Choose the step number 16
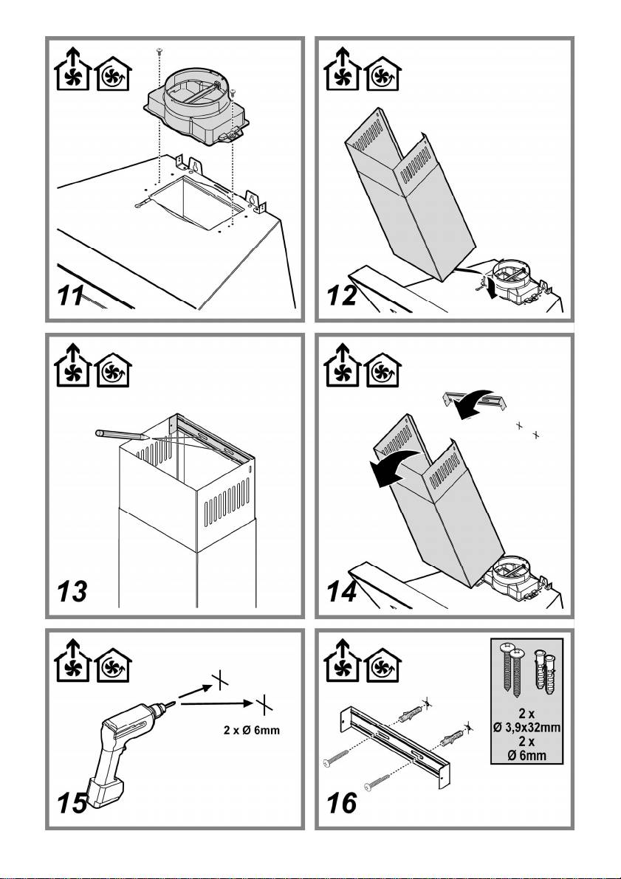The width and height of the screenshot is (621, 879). pyautogui.click(x=343, y=802)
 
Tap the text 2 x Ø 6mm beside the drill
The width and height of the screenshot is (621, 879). pyautogui.click(x=253, y=730)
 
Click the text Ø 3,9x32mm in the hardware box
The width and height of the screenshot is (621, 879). pyautogui.click(x=527, y=727)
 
